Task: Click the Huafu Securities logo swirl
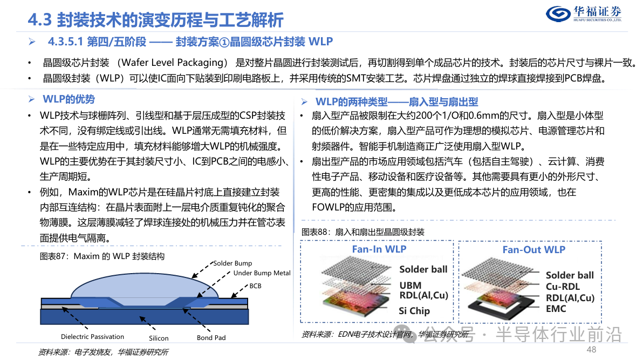558,13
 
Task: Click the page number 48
591,349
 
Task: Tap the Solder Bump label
232,263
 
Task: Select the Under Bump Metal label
262,273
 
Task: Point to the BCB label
256,286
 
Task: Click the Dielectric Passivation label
92,337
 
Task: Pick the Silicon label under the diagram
159,338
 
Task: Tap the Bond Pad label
211,337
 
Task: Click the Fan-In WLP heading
379,249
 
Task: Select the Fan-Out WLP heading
534,249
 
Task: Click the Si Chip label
414,311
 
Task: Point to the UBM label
411,286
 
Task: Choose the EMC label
556,309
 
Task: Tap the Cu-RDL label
563,287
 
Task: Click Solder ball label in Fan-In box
423,269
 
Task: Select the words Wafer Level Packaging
174,63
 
